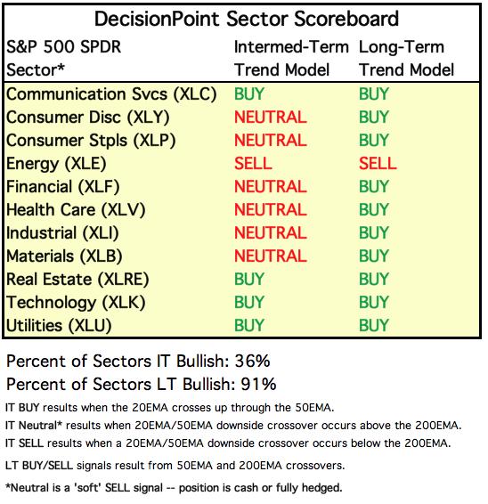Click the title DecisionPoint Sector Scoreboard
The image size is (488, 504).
point(247,19)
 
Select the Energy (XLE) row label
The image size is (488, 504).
point(56,164)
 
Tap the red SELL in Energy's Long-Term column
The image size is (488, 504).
point(378,163)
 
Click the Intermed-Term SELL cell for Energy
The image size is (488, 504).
point(253,163)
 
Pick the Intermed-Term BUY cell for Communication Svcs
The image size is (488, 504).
point(249,93)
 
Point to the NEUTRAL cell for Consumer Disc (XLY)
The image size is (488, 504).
point(271,117)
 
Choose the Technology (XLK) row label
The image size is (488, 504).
point(76,303)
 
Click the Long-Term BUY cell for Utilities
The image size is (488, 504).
point(374,325)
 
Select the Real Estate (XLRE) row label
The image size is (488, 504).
point(77,280)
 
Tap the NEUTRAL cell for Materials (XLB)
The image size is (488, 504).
point(271,256)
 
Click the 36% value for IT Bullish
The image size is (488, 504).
point(252,361)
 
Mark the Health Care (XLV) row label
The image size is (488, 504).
point(76,210)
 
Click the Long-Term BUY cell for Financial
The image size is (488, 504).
point(374,186)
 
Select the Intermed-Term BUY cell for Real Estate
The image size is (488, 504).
point(249,279)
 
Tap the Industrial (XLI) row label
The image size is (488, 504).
point(62,233)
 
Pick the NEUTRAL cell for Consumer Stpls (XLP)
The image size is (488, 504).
point(271,140)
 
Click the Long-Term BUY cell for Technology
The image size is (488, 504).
point(374,302)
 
